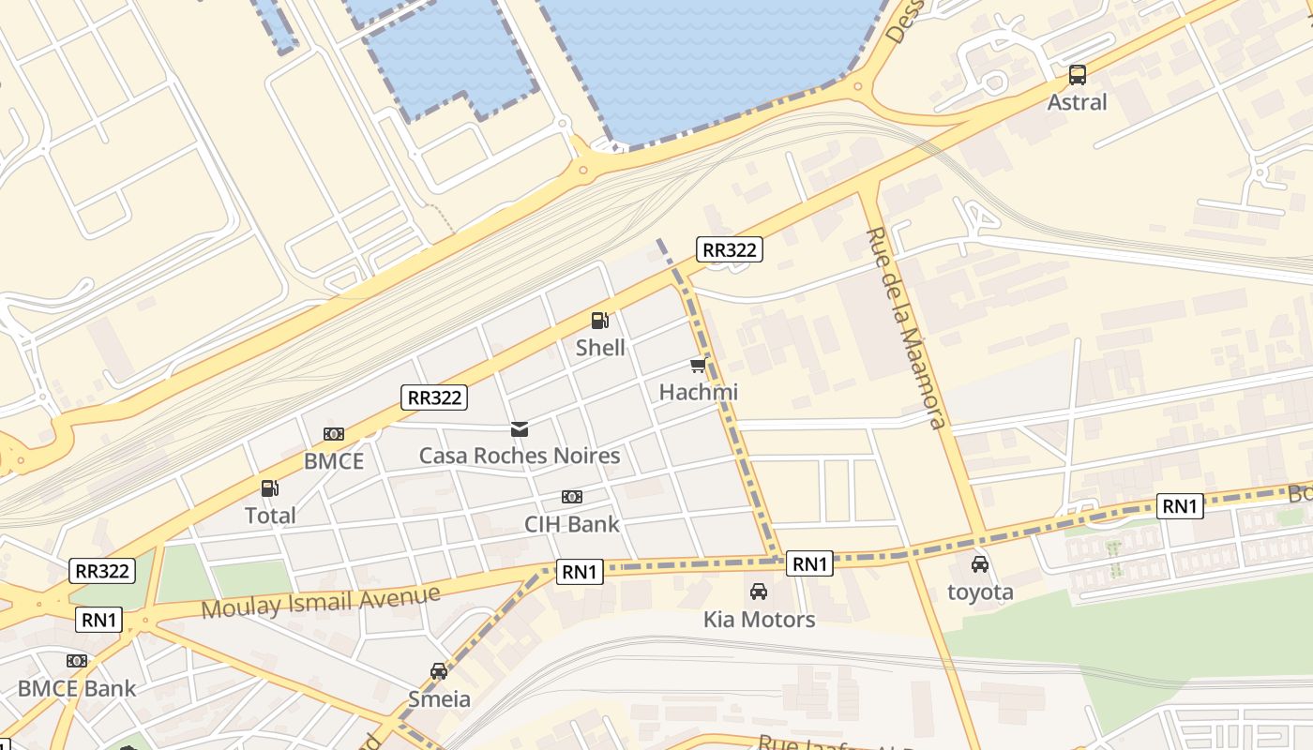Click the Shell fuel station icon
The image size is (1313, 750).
(x=600, y=321)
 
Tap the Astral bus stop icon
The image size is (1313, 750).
(x=1078, y=75)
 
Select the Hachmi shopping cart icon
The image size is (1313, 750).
(x=698, y=366)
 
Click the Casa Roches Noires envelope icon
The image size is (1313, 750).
(x=520, y=429)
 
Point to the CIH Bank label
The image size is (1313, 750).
(x=572, y=524)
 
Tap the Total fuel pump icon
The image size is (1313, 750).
(x=270, y=488)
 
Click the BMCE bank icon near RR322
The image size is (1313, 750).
(x=334, y=434)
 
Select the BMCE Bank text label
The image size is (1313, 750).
(x=77, y=688)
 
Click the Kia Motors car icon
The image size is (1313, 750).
(x=759, y=592)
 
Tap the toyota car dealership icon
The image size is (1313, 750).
(x=980, y=564)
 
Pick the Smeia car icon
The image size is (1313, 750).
(x=439, y=671)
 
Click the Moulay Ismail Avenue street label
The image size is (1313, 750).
(x=321, y=601)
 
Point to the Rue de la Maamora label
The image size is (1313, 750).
(x=905, y=327)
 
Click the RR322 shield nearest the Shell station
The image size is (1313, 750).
(x=730, y=249)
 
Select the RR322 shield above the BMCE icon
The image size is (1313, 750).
(x=433, y=397)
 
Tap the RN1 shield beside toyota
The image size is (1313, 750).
(x=1180, y=506)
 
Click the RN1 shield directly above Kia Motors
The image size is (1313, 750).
(x=810, y=563)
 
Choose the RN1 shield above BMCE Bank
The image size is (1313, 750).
(x=99, y=620)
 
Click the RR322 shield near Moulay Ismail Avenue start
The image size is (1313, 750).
(x=102, y=571)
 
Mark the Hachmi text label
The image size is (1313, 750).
(x=699, y=392)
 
